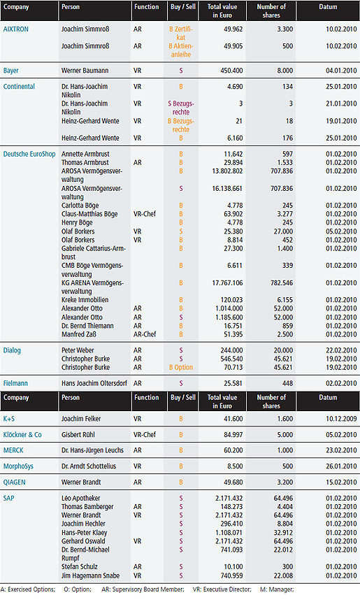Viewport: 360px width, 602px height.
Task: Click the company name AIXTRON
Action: coord(16,29)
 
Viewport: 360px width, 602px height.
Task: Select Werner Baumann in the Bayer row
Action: coord(85,71)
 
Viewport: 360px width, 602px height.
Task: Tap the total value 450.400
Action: coord(231,71)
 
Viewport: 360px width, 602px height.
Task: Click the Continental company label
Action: coord(19,87)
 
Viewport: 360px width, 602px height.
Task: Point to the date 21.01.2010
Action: coord(341,103)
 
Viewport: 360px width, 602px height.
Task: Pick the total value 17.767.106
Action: coord(227,283)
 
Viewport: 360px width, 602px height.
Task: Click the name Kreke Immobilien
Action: coord(85,300)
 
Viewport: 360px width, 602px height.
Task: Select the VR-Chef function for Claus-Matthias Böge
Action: coord(145,214)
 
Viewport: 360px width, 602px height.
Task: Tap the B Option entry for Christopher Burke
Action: coord(181,367)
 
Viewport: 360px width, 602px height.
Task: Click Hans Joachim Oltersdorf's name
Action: coord(94,383)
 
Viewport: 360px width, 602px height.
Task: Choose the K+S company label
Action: coord(9,419)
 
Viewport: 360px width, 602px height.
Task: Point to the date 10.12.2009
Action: coord(341,419)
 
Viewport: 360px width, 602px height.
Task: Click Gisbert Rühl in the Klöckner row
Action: coord(78,435)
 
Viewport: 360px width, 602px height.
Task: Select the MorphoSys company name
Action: coord(18,466)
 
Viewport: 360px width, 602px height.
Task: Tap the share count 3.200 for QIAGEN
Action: coord(285,482)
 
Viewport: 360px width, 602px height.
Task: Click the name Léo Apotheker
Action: coord(80,499)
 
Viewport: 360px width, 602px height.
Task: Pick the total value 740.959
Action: coord(231,576)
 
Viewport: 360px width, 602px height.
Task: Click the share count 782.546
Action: coord(282,283)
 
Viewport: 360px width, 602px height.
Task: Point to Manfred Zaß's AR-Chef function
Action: coord(145,334)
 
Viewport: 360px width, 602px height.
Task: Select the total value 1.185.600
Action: coord(229,317)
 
